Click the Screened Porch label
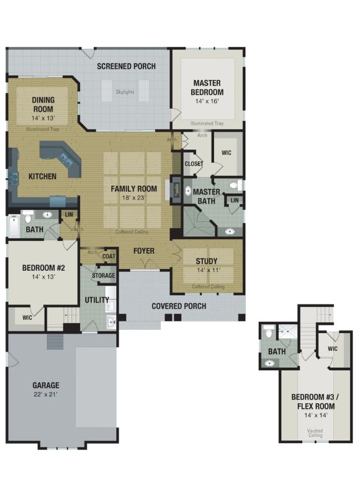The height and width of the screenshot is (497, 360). (x=126, y=66)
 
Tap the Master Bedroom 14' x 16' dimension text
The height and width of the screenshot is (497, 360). (x=207, y=101)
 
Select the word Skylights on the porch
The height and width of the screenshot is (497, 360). (x=125, y=92)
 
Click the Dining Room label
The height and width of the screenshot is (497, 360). (x=43, y=104)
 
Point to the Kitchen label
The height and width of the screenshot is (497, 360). (x=42, y=176)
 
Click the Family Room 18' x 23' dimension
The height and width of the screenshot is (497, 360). (x=133, y=198)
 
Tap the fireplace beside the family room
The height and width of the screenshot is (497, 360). (x=176, y=189)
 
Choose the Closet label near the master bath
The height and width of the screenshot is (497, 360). (x=194, y=164)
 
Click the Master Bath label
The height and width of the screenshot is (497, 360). (x=207, y=196)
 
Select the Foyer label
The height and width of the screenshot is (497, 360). (x=144, y=251)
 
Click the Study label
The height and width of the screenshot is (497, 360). (x=207, y=261)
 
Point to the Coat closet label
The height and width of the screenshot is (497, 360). (x=109, y=256)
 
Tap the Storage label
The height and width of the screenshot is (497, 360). (x=104, y=275)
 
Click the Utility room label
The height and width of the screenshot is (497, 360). (x=97, y=300)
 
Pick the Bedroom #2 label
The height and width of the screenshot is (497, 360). (x=43, y=268)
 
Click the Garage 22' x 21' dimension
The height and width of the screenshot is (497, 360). (x=45, y=394)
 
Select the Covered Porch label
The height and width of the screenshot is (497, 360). (x=179, y=306)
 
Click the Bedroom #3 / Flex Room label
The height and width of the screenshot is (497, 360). (x=315, y=401)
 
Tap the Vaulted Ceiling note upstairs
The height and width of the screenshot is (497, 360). (x=315, y=433)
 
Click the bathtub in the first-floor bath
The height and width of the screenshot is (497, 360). (x=14, y=226)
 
